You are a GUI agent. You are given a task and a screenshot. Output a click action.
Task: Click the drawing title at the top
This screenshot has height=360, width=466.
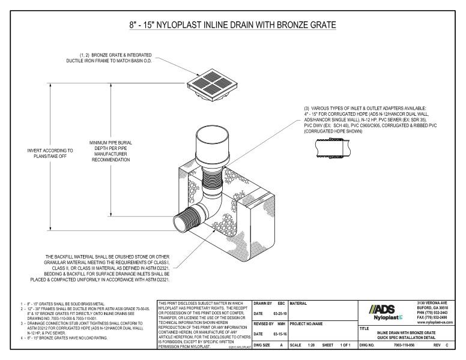tap(232, 25)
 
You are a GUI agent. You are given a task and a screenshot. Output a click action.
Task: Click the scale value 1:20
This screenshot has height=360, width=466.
tap(310, 346)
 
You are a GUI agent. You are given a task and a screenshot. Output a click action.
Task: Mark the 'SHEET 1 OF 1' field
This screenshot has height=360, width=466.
tap(340, 346)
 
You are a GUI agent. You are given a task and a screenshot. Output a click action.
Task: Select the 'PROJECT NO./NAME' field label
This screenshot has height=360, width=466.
tap(309, 324)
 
